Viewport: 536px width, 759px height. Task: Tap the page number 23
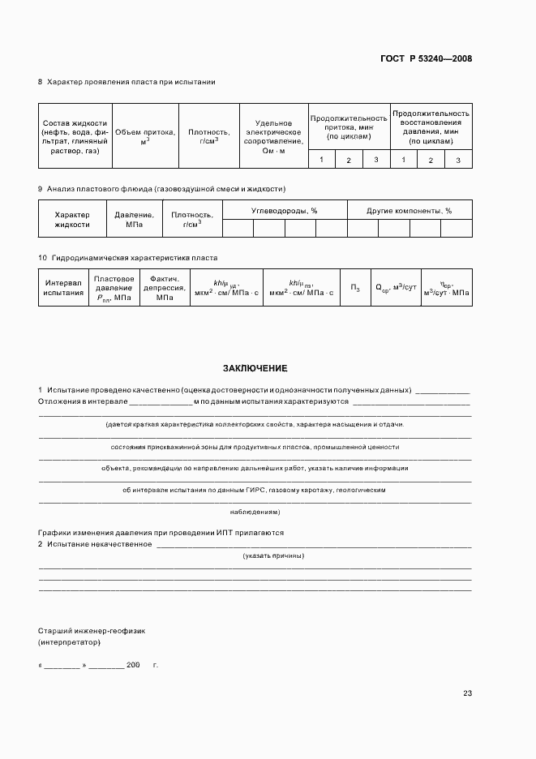pos(467,693)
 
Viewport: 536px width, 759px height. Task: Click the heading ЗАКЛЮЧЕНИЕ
pos(255,367)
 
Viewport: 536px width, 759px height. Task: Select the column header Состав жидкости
pos(75,137)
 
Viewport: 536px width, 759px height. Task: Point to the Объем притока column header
pos(144,136)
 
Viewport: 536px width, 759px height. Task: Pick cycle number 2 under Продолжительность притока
pos(349,160)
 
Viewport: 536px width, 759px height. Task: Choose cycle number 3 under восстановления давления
pos(458,160)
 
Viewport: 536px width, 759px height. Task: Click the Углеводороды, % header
pos(284,211)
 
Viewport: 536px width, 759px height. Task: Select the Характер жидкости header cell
pos(72,220)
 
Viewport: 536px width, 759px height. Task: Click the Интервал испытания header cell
pos(64,287)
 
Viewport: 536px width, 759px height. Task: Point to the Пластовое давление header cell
pos(114,287)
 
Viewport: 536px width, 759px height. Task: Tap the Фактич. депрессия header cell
pos(165,287)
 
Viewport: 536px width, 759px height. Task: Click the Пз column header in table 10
pos(355,287)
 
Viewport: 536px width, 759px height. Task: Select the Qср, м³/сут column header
pos(395,287)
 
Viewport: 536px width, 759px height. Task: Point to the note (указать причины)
pos(273,555)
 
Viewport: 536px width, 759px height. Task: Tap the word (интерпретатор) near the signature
pos(69,641)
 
